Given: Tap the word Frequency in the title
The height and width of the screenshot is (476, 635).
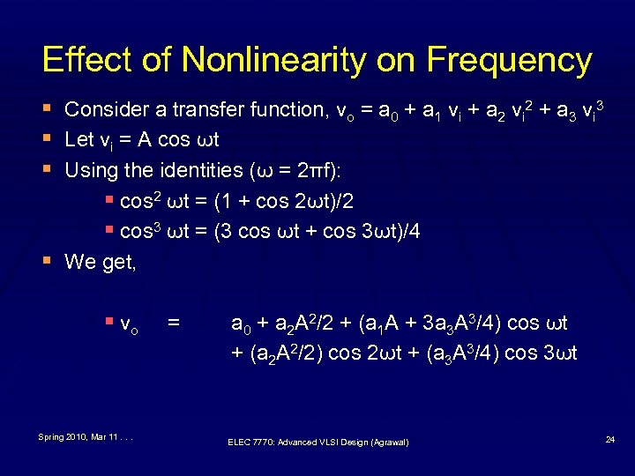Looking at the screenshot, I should point(509,60).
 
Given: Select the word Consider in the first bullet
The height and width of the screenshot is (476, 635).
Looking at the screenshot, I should point(105,110).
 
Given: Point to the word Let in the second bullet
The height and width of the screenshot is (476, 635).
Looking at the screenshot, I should point(78,140).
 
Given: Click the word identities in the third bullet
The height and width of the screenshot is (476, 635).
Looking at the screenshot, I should point(202,170).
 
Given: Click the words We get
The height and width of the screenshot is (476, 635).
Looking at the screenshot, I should point(101,262).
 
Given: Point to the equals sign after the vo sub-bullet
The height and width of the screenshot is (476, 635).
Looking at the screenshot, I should point(174,324).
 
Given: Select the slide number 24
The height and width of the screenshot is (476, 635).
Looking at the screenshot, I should point(610,438).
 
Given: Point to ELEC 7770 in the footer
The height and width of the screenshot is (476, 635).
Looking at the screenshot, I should point(250,442).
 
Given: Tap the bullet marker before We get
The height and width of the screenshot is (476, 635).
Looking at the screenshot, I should point(47,262).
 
